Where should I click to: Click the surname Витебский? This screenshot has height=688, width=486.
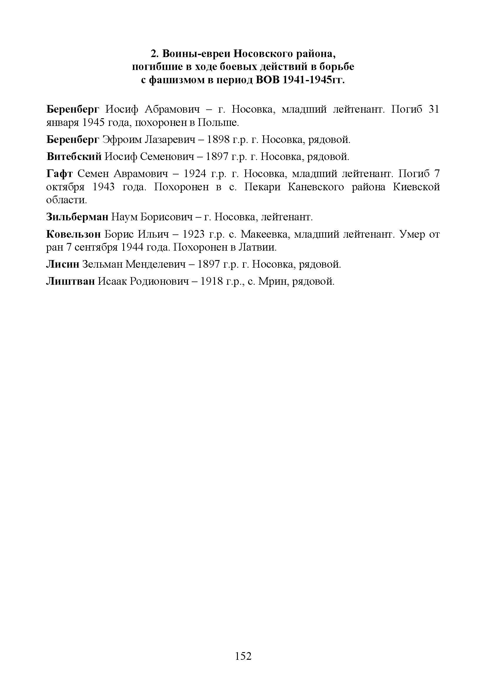74,156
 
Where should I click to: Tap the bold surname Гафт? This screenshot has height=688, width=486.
59,174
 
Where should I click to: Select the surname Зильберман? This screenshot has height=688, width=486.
77,217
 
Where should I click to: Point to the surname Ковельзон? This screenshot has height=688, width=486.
74,234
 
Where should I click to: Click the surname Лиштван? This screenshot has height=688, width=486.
70,281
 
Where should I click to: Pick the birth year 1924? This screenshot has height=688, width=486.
194,174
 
